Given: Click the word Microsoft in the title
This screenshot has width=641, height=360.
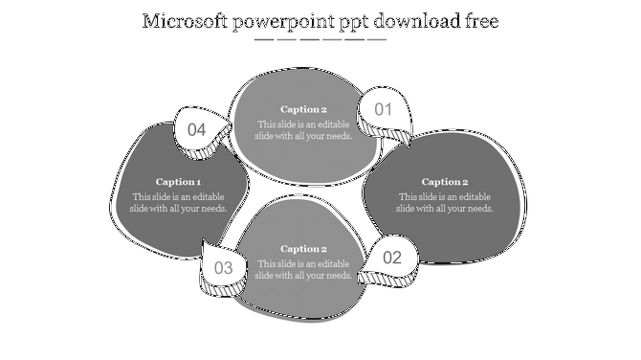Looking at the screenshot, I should (x=184, y=21).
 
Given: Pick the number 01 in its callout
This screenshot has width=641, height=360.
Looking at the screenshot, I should (x=384, y=109).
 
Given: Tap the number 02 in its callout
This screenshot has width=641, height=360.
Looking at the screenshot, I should (x=392, y=258).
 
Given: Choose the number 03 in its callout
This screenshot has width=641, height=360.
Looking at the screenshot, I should (x=224, y=268).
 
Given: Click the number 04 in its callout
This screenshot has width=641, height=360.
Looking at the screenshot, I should (x=197, y=129).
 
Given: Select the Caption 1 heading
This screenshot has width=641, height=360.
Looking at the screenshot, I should (x=178, y=182).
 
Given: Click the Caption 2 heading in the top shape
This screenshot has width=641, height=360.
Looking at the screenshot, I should (x=303, y=109).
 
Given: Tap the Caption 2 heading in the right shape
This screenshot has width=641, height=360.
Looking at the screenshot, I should (x=445, y=182).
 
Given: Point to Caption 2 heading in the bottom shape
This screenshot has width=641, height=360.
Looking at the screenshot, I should (x=303, y=249).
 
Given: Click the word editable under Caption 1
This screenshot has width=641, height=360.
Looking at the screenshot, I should (x=203, y=196).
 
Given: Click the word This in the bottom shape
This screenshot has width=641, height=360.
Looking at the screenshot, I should (x=267, y=263).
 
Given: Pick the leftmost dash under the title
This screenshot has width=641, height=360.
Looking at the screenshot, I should (x=264, y=40).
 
